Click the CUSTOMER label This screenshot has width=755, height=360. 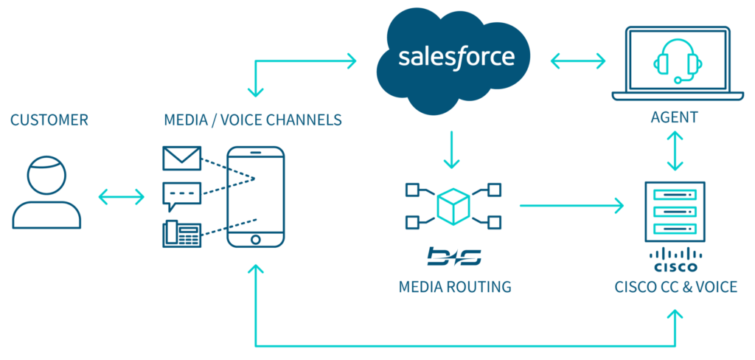pyautogui.click(x=49, y=120)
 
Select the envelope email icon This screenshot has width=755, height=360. pyautogui.click(x=181, y=159)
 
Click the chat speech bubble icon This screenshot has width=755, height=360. pyautogui.click(x=181, y=195)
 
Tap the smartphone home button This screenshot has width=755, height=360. pyautogui.click(x=255, y=240)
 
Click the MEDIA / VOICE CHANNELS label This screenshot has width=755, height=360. pyautogui.click(x=253, y=120)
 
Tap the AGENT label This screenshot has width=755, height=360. pyautogui.click(x=674, y=118)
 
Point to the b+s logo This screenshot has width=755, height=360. pyautogui.click(x=453, y=257)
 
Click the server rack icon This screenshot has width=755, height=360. pyautogui.click(x=675, y=210)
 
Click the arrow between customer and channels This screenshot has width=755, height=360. pyautogui.click(x=122, y=196)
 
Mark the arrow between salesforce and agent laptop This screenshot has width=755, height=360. pyautogui.click(x=577, y=62)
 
